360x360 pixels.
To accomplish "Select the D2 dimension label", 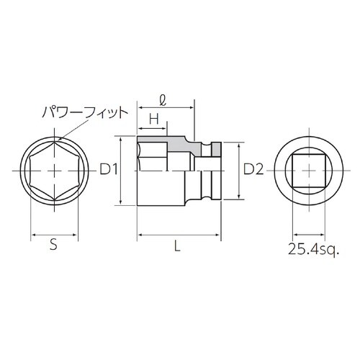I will pos(253,170).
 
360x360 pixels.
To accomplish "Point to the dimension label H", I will pos(153,118).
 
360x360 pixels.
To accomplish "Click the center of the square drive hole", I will pos(309,171).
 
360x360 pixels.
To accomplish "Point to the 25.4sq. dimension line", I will pos(309,234).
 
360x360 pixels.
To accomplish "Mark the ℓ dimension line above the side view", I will pos(164,107).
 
